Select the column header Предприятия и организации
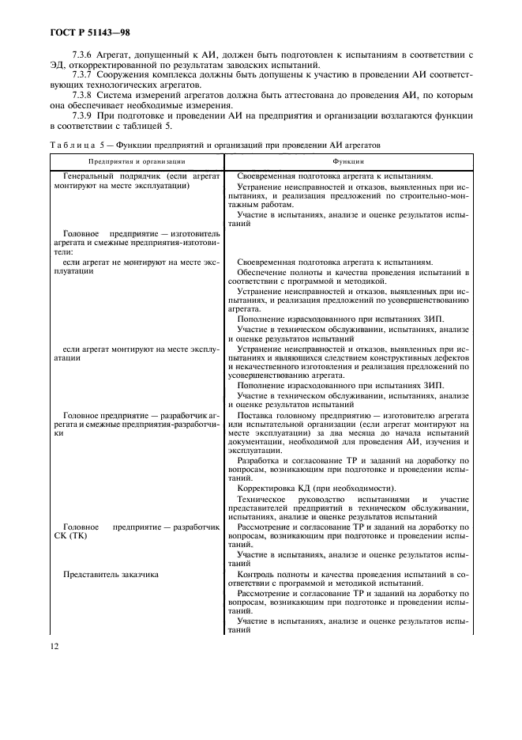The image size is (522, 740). click(x=136, y=161)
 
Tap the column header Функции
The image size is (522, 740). click(x=347, y=161)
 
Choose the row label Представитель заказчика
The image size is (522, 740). click(x=111, y=575)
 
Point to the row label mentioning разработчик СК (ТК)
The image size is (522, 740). click(x=134, y=530)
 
